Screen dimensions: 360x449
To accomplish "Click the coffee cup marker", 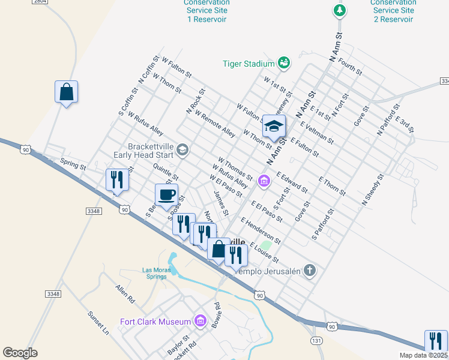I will (166, 194).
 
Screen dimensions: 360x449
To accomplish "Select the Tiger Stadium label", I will (249, 63).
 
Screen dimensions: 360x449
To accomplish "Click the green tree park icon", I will (340, 10).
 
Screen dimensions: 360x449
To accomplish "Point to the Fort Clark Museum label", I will (155, 322).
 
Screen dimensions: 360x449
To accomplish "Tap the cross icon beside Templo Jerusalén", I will (309, 270).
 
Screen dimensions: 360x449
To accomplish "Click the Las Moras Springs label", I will (156, 274).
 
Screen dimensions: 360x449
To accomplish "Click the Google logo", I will (20, 352).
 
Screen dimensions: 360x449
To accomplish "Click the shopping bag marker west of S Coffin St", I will (66, 92).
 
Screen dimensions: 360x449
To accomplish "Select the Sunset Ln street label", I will (98, 323).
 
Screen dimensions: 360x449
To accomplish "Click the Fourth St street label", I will (350, 66).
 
